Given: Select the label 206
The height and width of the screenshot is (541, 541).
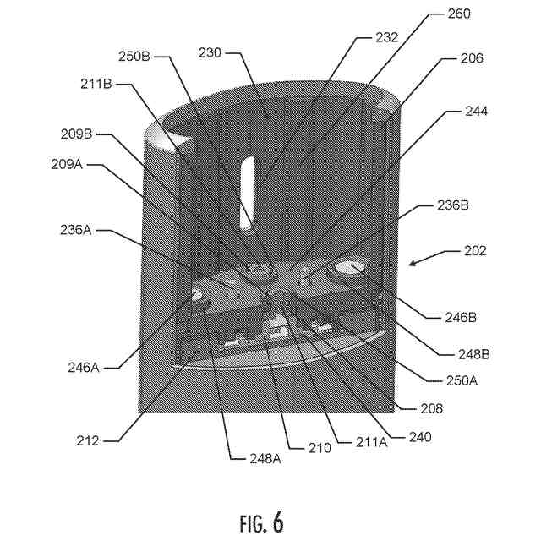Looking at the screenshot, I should click(472, 58).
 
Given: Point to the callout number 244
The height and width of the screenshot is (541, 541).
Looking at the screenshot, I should click(475, 111).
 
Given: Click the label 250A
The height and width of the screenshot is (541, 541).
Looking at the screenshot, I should click(462, 380).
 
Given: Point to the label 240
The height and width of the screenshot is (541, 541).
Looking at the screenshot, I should click(419, 437).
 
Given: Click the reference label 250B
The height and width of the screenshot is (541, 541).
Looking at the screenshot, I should click(134, 57).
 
